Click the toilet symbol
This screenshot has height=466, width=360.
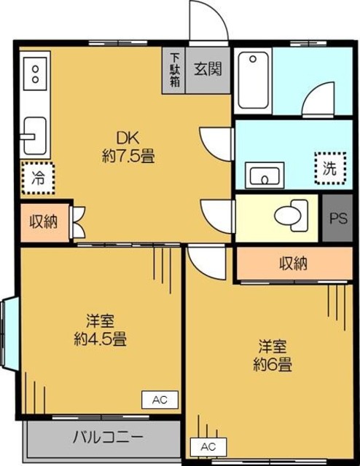291,215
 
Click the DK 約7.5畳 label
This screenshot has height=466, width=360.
128,146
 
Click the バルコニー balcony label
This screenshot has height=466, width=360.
108,438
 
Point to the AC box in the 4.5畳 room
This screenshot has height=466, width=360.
160,399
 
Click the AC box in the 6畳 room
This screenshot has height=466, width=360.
207,446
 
